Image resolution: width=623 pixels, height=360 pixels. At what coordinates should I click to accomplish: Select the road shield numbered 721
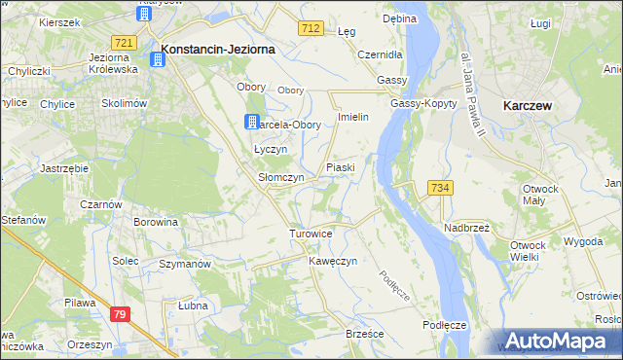pyautogui.click(x=123, y=43)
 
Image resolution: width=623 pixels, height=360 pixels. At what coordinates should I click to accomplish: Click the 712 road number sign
pyautogui.click(x=311, y=30)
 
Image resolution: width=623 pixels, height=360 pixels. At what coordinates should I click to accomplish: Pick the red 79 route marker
pyautogui.click(x=120, y=313)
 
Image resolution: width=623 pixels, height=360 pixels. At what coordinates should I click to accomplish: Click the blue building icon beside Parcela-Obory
pyautogui.click(x=251, y=122)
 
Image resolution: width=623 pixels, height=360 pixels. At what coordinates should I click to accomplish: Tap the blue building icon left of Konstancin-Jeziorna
pyautogui.click(x=155, y=60)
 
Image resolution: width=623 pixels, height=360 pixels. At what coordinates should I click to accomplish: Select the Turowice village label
pyautogui.click(x=311, y=234)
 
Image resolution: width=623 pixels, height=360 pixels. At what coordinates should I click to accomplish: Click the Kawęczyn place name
pyautogui.click(x=334, y=262)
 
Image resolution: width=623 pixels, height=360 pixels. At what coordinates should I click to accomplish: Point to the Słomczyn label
pyautogui.click(x=280, y=178)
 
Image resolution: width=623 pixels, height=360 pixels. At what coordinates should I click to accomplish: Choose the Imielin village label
pyautogui.click(x=351, y=117)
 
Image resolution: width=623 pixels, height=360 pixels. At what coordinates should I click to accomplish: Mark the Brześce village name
pyautogui.click(x=365, y=334)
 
